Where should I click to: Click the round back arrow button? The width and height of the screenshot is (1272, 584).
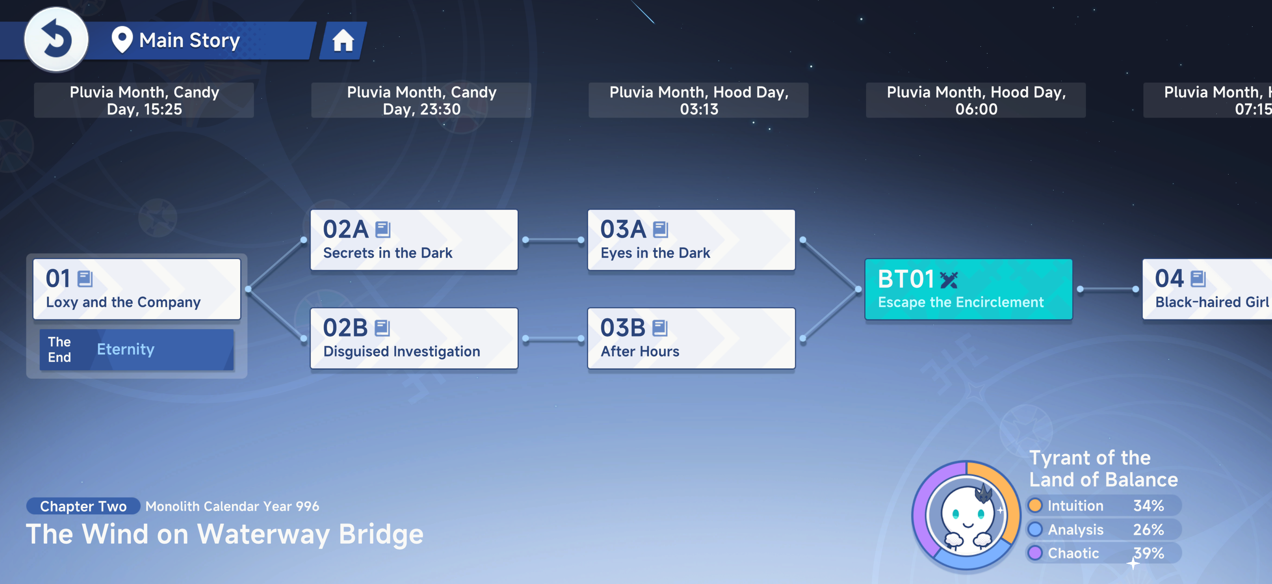56,39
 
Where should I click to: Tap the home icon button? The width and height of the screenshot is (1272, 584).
343,41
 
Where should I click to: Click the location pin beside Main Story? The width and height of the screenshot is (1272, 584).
122,39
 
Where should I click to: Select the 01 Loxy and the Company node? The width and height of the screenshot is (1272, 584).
137,289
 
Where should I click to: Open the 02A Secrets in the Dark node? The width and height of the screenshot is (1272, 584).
414,240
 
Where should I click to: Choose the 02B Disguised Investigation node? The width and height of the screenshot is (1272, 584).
414,338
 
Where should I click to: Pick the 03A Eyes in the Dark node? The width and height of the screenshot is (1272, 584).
691,240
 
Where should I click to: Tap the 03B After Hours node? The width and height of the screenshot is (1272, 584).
691,338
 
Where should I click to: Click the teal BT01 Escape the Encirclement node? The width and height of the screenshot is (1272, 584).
968,289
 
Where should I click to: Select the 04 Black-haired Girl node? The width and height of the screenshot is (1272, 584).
1207,289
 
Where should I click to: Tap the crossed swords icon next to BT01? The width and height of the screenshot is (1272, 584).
948,280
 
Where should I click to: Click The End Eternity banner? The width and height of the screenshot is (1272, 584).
136,349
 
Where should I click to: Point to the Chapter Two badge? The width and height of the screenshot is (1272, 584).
83,506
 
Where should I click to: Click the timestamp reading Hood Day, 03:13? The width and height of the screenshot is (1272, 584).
699,100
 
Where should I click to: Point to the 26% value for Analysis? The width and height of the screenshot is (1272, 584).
1149,529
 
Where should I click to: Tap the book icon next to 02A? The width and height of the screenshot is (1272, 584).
383,229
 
